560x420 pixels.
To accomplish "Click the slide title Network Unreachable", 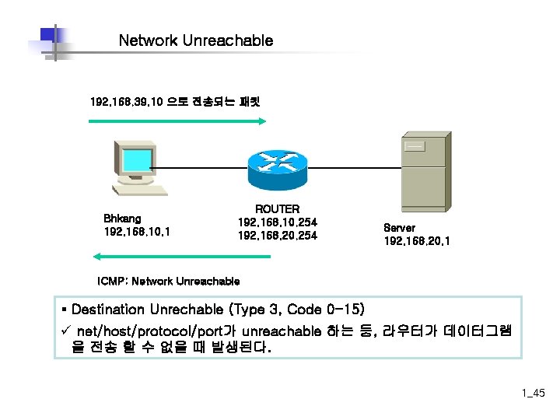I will [196, 40].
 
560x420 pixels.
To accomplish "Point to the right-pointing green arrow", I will [178, 121].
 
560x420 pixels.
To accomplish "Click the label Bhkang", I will [122, 219].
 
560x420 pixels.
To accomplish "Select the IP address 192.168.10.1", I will [138, 232].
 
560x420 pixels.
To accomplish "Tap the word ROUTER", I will [278, 209].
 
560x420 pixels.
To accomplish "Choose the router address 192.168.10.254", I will [278, 222].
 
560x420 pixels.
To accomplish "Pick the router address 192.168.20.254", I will [278, 236].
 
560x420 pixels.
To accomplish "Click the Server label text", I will [400, 228].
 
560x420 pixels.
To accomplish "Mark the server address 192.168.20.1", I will [416, 241].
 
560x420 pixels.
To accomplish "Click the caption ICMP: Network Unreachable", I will [169, 281].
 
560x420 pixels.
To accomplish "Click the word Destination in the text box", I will [110, 310].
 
